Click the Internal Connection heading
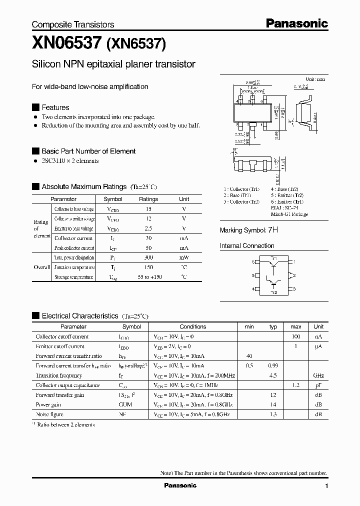(x=247, y=246)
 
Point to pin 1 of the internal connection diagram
(x=294, y=261)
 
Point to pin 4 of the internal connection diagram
(x=253, y=289)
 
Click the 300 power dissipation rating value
(x=148, y=257)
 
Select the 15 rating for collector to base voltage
(x=148, y=209)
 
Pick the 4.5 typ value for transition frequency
(x=273, y=375)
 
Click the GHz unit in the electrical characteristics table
(x=318, y=375)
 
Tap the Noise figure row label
(x=50, y=414)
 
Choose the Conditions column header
(x=192, y=326)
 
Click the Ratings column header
(x=148, y=199)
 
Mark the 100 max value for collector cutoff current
(x=295, y=336)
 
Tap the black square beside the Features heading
(x=35, y=107)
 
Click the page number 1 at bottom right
(x=326, y=486)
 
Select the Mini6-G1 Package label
(x=289, y=214)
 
